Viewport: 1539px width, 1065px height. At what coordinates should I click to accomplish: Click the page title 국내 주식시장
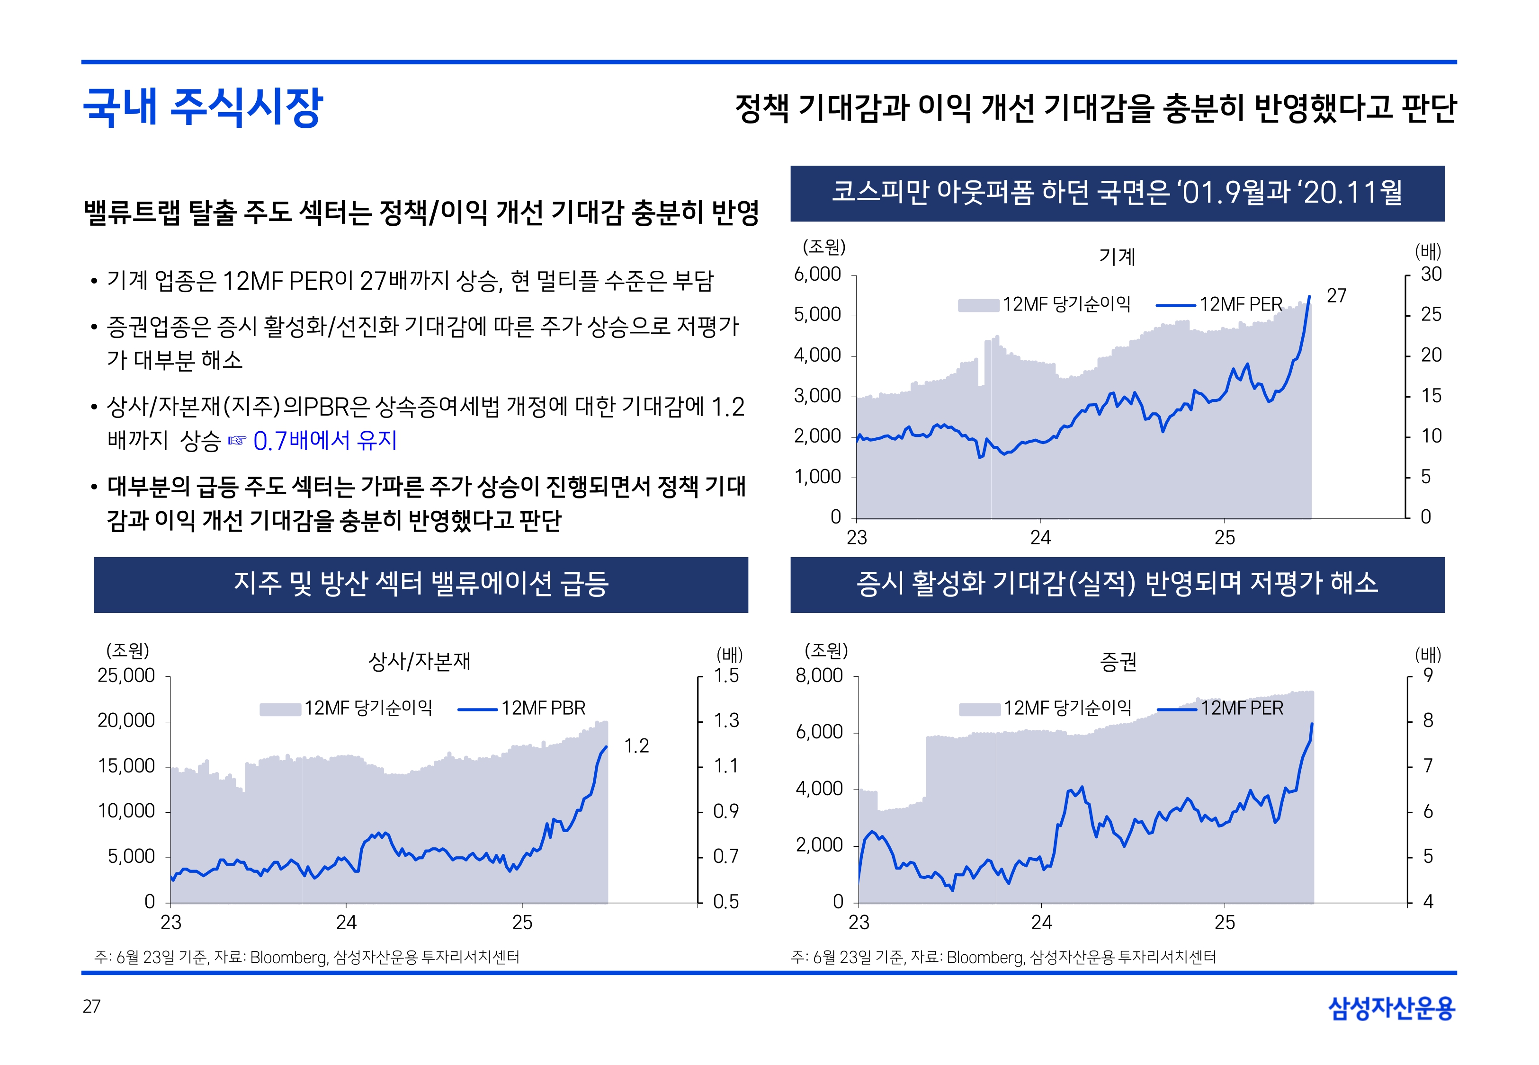point(203,107)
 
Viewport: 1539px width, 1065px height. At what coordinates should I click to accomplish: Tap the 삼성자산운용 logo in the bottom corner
point(1392,1008)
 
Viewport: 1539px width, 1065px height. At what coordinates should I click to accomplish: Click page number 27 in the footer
point(91,1006)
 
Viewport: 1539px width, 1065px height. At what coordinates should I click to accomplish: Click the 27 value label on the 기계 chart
point(1336,296)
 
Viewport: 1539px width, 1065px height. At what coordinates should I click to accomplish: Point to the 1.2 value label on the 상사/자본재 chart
point(636,745)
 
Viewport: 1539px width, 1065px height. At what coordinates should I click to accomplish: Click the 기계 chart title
point(1117,256)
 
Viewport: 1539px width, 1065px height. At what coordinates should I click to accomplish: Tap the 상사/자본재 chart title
point(420,661)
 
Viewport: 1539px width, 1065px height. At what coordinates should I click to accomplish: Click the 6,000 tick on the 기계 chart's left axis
point(817,274)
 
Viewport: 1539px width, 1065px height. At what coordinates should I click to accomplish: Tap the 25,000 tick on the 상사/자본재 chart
point(126,675)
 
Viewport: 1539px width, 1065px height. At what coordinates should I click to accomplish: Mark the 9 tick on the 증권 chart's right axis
point(1428,675)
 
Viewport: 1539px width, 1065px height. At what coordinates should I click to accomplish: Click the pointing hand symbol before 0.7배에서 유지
point(237,440)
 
